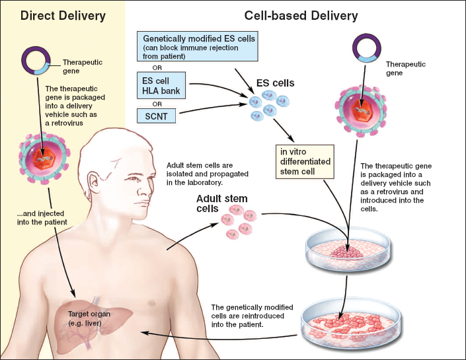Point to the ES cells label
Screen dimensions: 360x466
point(276,84)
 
